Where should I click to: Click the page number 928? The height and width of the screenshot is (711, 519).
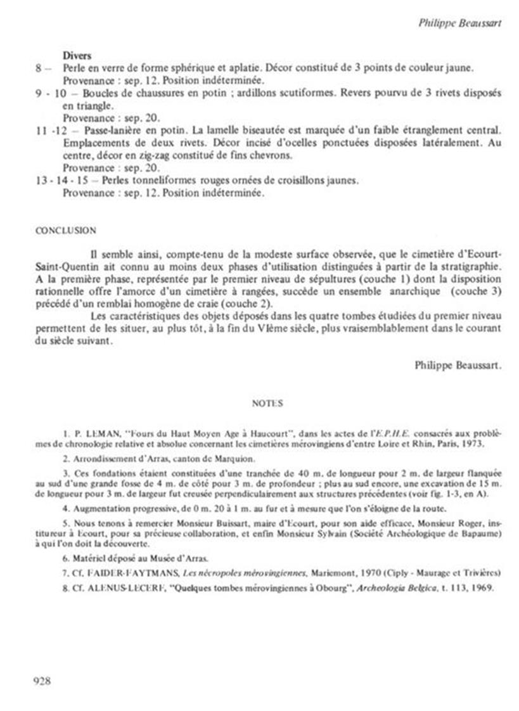pyautogui.click(x=41, y=681)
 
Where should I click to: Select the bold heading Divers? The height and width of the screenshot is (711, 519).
pyautogui.click(x=77, y=56)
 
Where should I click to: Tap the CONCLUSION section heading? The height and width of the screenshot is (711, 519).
pyautogui.click(x=66, y=231)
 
